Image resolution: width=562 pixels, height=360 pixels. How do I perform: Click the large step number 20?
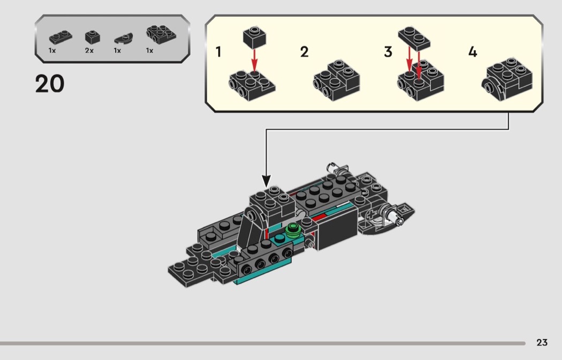(x=50, y=84)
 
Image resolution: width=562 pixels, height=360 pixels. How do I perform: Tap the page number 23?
(x=542, y=342)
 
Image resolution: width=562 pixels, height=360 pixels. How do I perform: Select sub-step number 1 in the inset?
(x=218, y=52)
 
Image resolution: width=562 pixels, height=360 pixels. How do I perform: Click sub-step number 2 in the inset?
(x=304, y=52)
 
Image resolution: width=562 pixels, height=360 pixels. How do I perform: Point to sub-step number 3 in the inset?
(x=388, y=52)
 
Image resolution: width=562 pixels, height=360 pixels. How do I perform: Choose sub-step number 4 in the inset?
(x=472, y=52)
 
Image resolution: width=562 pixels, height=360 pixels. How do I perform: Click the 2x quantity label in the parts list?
(x=89, y=50)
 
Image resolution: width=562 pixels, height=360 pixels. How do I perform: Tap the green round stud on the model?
(x=292, y=230)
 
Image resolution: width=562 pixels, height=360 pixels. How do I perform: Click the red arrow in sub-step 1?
(x=255, y=58)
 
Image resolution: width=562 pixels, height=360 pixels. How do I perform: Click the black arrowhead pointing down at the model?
(x=267, y=181)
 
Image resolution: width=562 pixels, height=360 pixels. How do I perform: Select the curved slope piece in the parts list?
(x=123, y=39)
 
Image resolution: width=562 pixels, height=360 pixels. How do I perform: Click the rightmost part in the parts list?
(x=160, y=36)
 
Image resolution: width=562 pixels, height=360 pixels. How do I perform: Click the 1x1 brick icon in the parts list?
(x=92, y=37)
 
